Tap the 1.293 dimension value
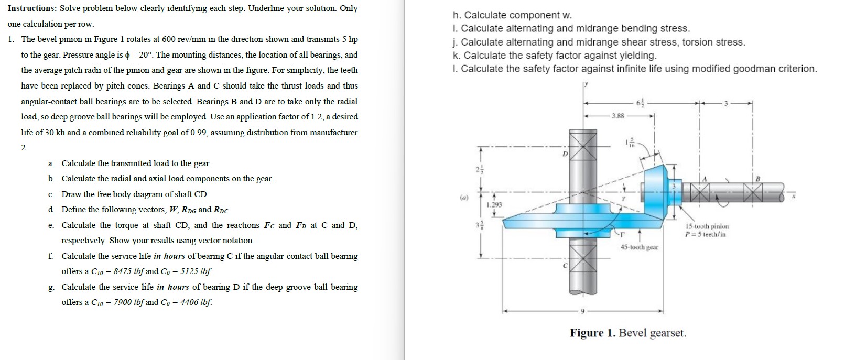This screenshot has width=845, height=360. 494,205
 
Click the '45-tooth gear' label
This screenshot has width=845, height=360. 639,247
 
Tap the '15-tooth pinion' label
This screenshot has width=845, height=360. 707,226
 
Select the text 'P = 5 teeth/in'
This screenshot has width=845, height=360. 706,234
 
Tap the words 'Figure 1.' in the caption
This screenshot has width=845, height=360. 592,333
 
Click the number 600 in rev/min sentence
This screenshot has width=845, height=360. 169,39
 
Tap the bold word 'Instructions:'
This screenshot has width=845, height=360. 32,8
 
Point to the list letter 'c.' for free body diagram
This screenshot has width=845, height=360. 51,194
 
